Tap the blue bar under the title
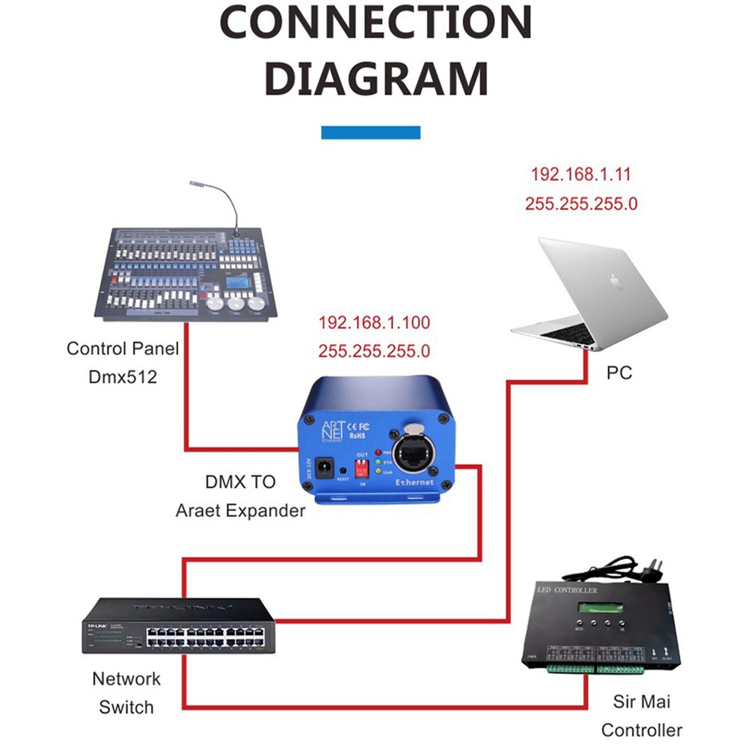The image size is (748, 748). click(370, 132)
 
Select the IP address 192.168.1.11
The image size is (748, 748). click(580, 175)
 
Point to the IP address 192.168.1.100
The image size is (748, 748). click(374, 323)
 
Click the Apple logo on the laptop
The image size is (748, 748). click(616, 283)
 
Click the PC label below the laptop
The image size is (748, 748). click(619, 372)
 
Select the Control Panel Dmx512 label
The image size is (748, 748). click(122, 363)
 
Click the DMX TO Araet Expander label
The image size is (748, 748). click(240, 497)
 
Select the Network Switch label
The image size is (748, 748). click(126, 693)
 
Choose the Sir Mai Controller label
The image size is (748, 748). click(641, 716)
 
